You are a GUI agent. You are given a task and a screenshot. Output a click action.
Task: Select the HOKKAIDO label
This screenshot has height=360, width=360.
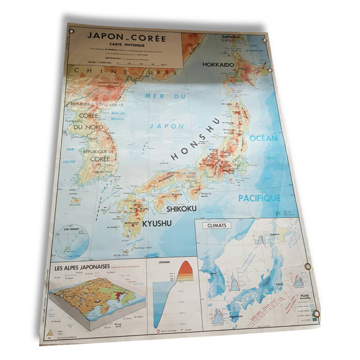227,64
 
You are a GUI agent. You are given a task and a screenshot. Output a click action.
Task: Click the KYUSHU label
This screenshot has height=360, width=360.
157,223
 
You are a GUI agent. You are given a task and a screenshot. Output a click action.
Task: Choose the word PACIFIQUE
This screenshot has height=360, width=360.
259,197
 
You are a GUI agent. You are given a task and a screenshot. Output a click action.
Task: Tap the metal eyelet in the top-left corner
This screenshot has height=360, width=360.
71,32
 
